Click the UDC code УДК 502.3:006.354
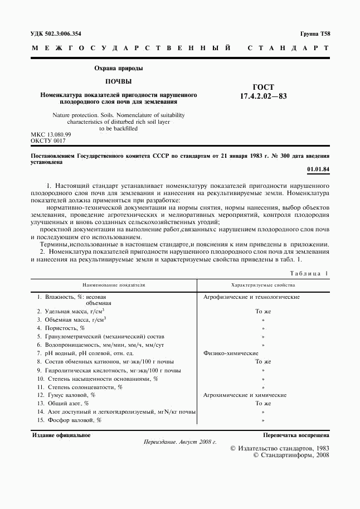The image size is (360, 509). [60, 33]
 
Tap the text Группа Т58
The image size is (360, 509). [315, 33]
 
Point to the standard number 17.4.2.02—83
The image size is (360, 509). [262, 96]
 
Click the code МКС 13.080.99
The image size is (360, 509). [51, 135]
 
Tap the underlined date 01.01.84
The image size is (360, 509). [318, 169]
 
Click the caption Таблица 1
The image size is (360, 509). [309, 273]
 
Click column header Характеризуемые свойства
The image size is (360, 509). [263, 284]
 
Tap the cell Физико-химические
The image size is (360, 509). [231, 353]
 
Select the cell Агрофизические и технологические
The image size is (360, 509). [251, 297]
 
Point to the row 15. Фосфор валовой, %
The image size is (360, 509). [69, 420]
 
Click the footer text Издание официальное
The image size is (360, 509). [61, 435]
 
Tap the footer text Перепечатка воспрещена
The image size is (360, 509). [296, 435]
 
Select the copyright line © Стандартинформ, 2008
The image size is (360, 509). [291, 455]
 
